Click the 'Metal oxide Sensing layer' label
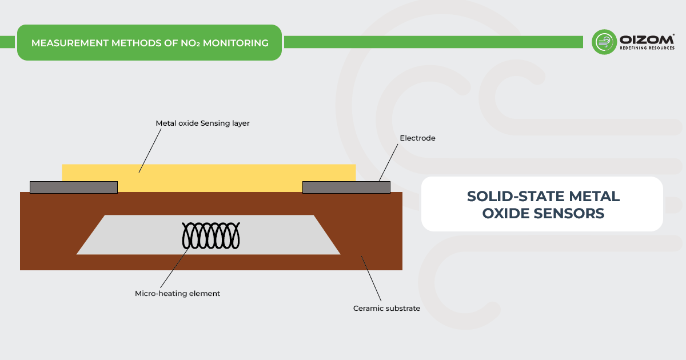pyautogui.click(x=202, y=123)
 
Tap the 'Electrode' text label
pyautogui.click(x=417, y=138)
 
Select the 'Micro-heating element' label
pyautogui.click(x=177, y=293)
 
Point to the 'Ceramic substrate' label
pyautogui.click(x=386, y=309)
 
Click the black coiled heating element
pyautogui.click(x=209, y=235)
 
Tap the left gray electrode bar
pyautogui.click(x=73, y=187)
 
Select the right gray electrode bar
pyautogui.click(x=346, y=187)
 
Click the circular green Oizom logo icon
pyautogui.click(x=604, y=42)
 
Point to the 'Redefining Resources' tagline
pyautogui.click(x=647, y=49)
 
